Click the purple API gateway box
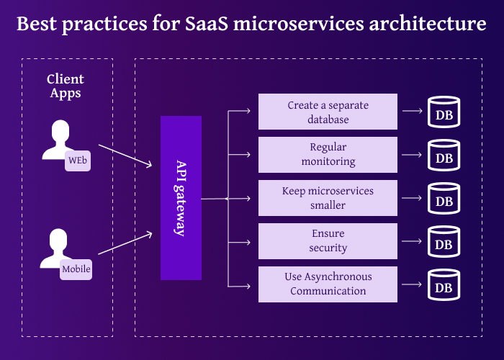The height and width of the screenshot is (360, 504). [181, 197]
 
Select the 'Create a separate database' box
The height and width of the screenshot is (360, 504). [328, 112]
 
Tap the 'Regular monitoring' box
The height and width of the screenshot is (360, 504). [328, 155]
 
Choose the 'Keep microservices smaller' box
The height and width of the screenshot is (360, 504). [328, 198]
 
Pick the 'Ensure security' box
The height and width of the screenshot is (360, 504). [328, 241]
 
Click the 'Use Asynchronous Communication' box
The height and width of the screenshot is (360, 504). [328, 284]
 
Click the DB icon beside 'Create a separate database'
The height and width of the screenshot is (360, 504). [444, 113]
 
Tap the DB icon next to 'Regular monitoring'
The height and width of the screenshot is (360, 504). [444, 156]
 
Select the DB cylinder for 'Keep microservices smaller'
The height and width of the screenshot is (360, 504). [444, 199]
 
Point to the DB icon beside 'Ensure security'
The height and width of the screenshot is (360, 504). [444, 243]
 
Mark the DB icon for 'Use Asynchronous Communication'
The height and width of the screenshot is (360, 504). [444, 286]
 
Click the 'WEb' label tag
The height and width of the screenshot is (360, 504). [77, 161]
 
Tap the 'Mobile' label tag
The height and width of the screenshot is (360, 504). [76, 270]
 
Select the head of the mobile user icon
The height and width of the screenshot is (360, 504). [59, 240]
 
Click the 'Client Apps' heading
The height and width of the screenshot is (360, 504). [66, 86]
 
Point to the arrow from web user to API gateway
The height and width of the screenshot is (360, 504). [125, 156]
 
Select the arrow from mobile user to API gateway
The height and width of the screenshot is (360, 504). [125, 243]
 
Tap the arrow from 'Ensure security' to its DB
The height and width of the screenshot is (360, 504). [412, 241]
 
